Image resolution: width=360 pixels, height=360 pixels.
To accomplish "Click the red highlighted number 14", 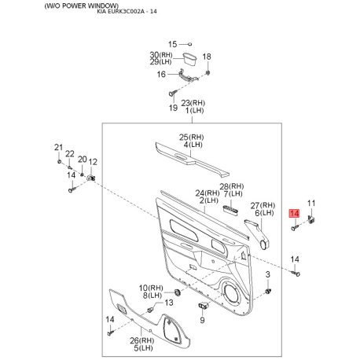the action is coord(294,214).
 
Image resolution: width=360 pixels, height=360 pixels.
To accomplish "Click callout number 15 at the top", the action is coord(172,44).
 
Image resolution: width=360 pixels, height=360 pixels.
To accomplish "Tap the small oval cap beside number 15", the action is coord(190,44).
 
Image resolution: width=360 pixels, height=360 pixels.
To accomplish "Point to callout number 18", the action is coord(207,57).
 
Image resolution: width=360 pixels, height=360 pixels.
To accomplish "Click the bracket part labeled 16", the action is coord(188,75).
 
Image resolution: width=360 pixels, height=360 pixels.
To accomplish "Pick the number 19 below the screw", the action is coord(173,108).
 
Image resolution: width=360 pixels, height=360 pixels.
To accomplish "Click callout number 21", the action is coord(59,147).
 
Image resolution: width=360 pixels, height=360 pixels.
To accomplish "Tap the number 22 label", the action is coord(70,153).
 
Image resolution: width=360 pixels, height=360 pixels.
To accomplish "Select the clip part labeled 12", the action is coord(91,178).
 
